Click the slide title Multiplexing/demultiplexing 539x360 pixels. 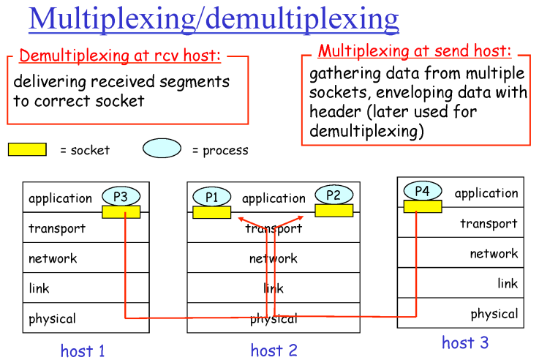214,18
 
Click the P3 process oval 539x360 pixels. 121,196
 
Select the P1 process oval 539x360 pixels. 212,196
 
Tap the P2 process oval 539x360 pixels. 333,195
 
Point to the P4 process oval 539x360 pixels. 422,191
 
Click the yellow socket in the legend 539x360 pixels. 27,149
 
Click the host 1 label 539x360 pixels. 83,350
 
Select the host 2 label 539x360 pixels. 274,350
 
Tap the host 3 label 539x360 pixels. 465,342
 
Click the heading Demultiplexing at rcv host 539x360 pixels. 120,56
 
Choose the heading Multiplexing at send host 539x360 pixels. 414,51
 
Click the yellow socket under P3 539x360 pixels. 121,211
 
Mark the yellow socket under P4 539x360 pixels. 422,206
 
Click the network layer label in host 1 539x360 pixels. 53,258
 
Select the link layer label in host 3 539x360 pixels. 508,283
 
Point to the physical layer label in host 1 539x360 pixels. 52,319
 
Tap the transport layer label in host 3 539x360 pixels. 489,223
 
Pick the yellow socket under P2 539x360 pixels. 333,211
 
